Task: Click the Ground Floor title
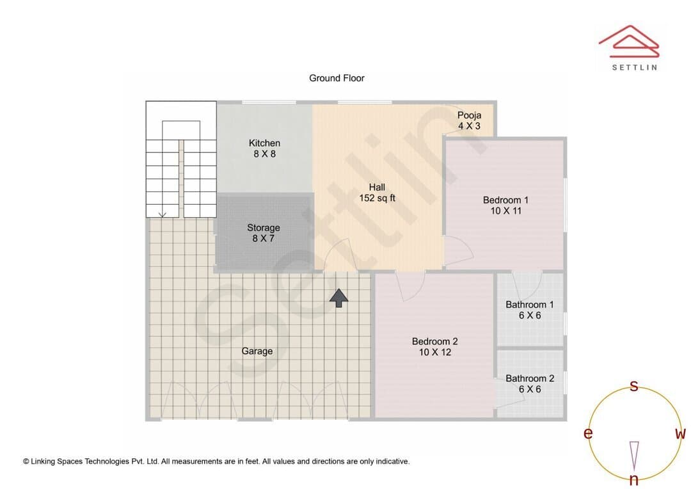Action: [x=337, y=78]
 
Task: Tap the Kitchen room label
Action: [x=264, y=148]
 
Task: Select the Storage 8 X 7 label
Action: [x=264, y=233]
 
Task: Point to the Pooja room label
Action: [x=469, y=120]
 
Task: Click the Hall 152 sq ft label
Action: [x=377, y=193]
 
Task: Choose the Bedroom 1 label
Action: [x=505, y=205]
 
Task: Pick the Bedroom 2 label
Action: [x=435, y=346]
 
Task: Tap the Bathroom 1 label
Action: [x=530, y=310]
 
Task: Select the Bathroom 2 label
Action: [x=530, y=383]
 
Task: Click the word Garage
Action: [x=257, y=351]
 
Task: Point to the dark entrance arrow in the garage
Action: [x=339, y=298]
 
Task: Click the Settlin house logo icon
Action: [x=629, y=42]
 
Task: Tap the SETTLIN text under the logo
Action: [x=635, y=67]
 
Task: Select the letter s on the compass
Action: [x=634, y=386]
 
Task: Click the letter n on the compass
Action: [x=634, y=479]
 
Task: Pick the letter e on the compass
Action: [x=588, y=433]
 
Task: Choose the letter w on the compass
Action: [x=681, y=434]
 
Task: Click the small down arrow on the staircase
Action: [x=162, y=214]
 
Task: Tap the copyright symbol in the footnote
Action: [x=26, y=461]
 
